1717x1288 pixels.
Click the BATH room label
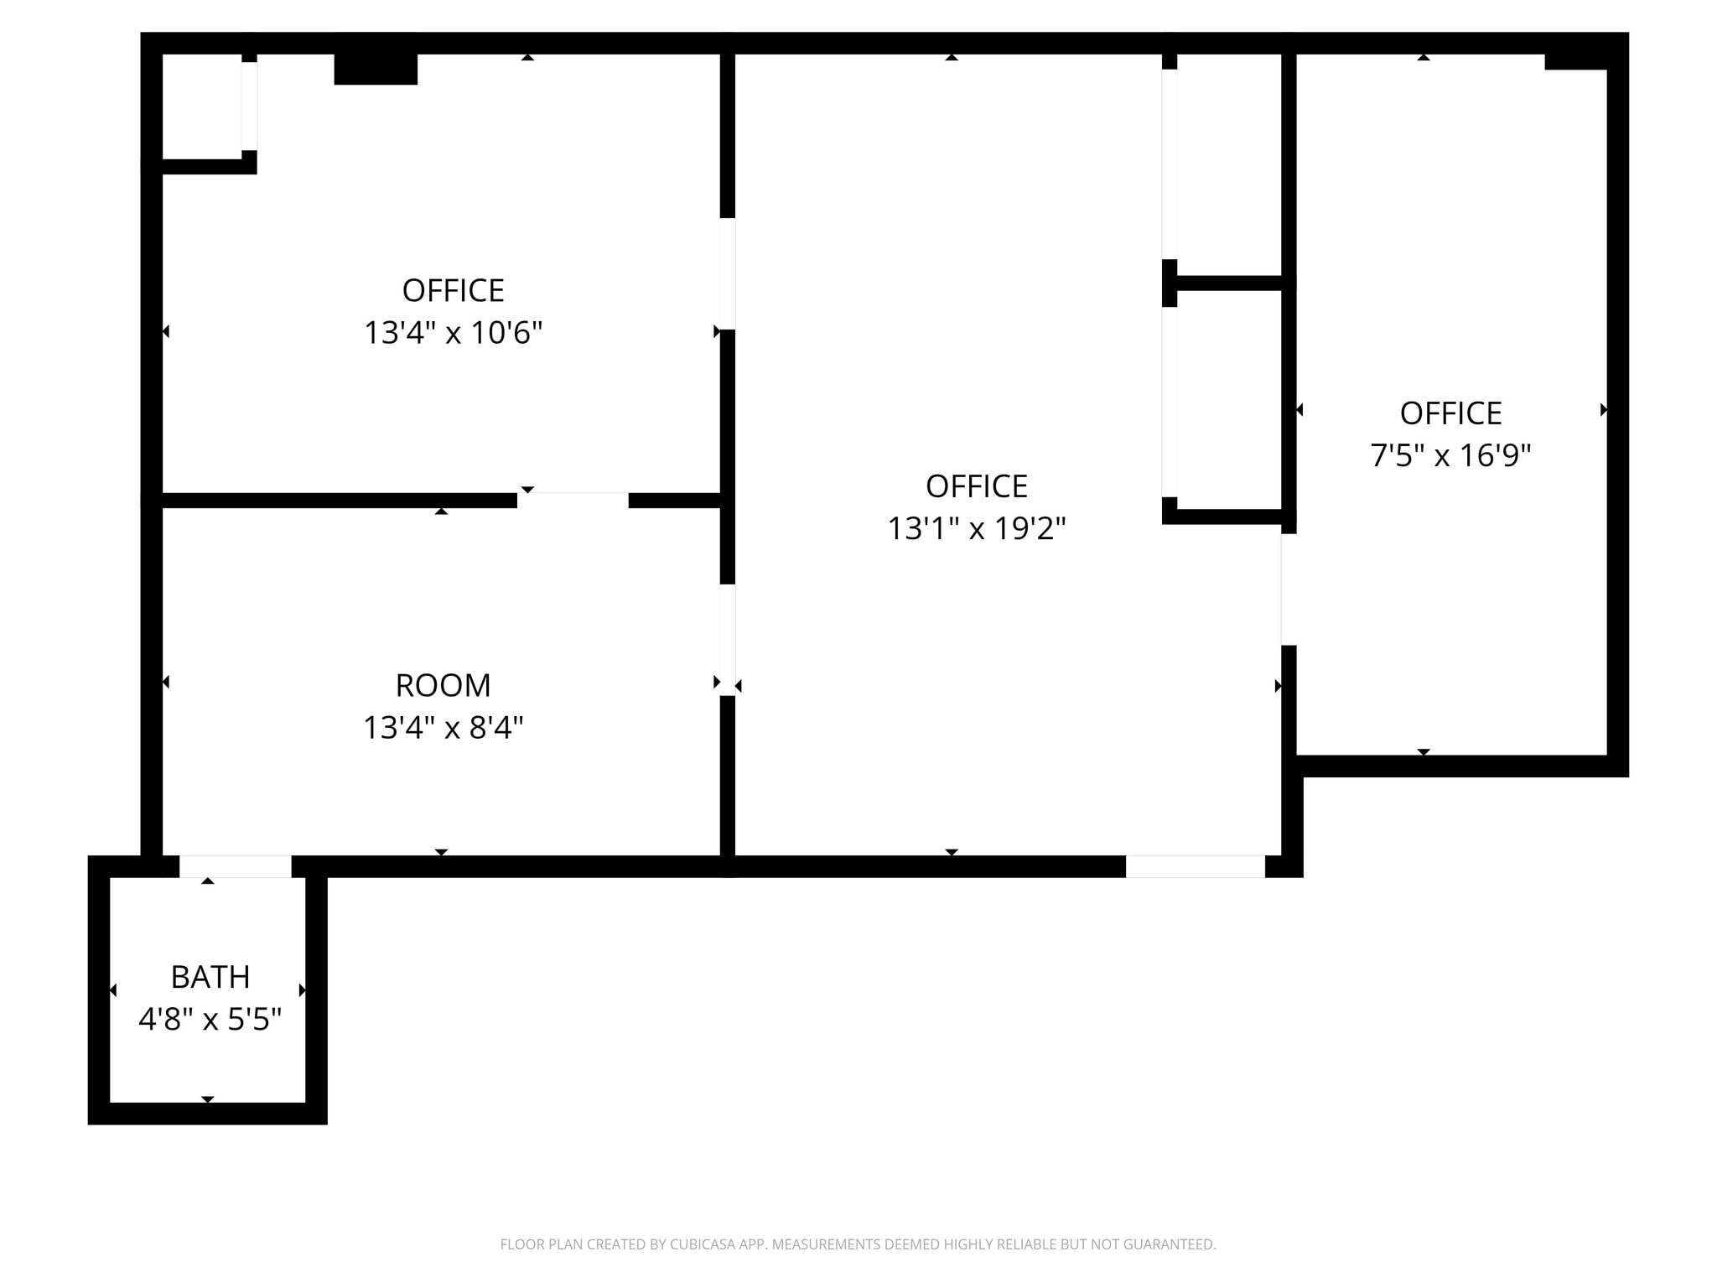click(x=210, y=977)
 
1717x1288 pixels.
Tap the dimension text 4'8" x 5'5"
click(x=210, y=1020)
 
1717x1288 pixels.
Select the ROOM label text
click(x=443, y=685)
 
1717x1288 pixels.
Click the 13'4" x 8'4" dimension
click(x=443, y=727)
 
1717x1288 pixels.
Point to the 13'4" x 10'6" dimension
click(x=453, y=333)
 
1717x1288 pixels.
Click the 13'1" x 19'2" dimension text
click(x=976, y=528)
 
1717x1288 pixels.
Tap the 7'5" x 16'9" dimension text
click(x=1450, y=455)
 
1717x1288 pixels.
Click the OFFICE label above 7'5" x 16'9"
click(x=1450, y=413)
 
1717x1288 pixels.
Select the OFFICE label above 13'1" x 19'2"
click(x=976, y=486)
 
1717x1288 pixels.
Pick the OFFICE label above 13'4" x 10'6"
click(x=453, y=291)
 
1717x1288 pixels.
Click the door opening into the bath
click(x=235, y=866)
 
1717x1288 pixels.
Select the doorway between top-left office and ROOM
click(x=573, y=501)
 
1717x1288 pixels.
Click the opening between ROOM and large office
click(x=728, y=639)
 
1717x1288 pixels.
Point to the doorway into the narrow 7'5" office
click(x=1289, y=589)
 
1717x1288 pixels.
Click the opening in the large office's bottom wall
click(x=1195, y=866)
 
